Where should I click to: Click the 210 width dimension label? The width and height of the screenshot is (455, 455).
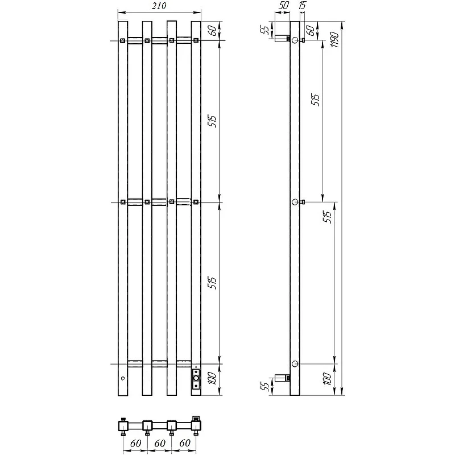159,6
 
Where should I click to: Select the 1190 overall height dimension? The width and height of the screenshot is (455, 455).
334,40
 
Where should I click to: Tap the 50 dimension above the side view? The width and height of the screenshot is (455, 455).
283,5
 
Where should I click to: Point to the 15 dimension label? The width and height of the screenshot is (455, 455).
302,5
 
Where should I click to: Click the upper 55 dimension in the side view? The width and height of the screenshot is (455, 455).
265,30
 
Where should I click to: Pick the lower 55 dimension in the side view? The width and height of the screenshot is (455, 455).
265,387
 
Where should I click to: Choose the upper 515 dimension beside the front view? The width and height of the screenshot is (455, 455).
212,121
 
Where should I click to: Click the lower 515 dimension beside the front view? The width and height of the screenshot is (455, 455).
212,283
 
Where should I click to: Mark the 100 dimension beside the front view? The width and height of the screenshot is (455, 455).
212,378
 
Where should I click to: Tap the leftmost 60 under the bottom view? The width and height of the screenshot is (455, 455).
135,443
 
